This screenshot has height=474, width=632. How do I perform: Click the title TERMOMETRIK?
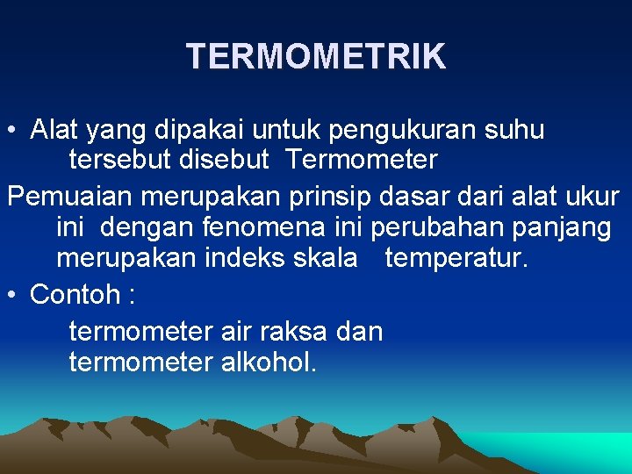click(x=316, y=57)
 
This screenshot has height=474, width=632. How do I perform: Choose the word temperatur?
click(x=456, y=259)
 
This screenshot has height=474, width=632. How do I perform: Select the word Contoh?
click(x=77, y=294)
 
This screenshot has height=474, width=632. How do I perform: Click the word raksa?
click(x=285, y=331)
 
